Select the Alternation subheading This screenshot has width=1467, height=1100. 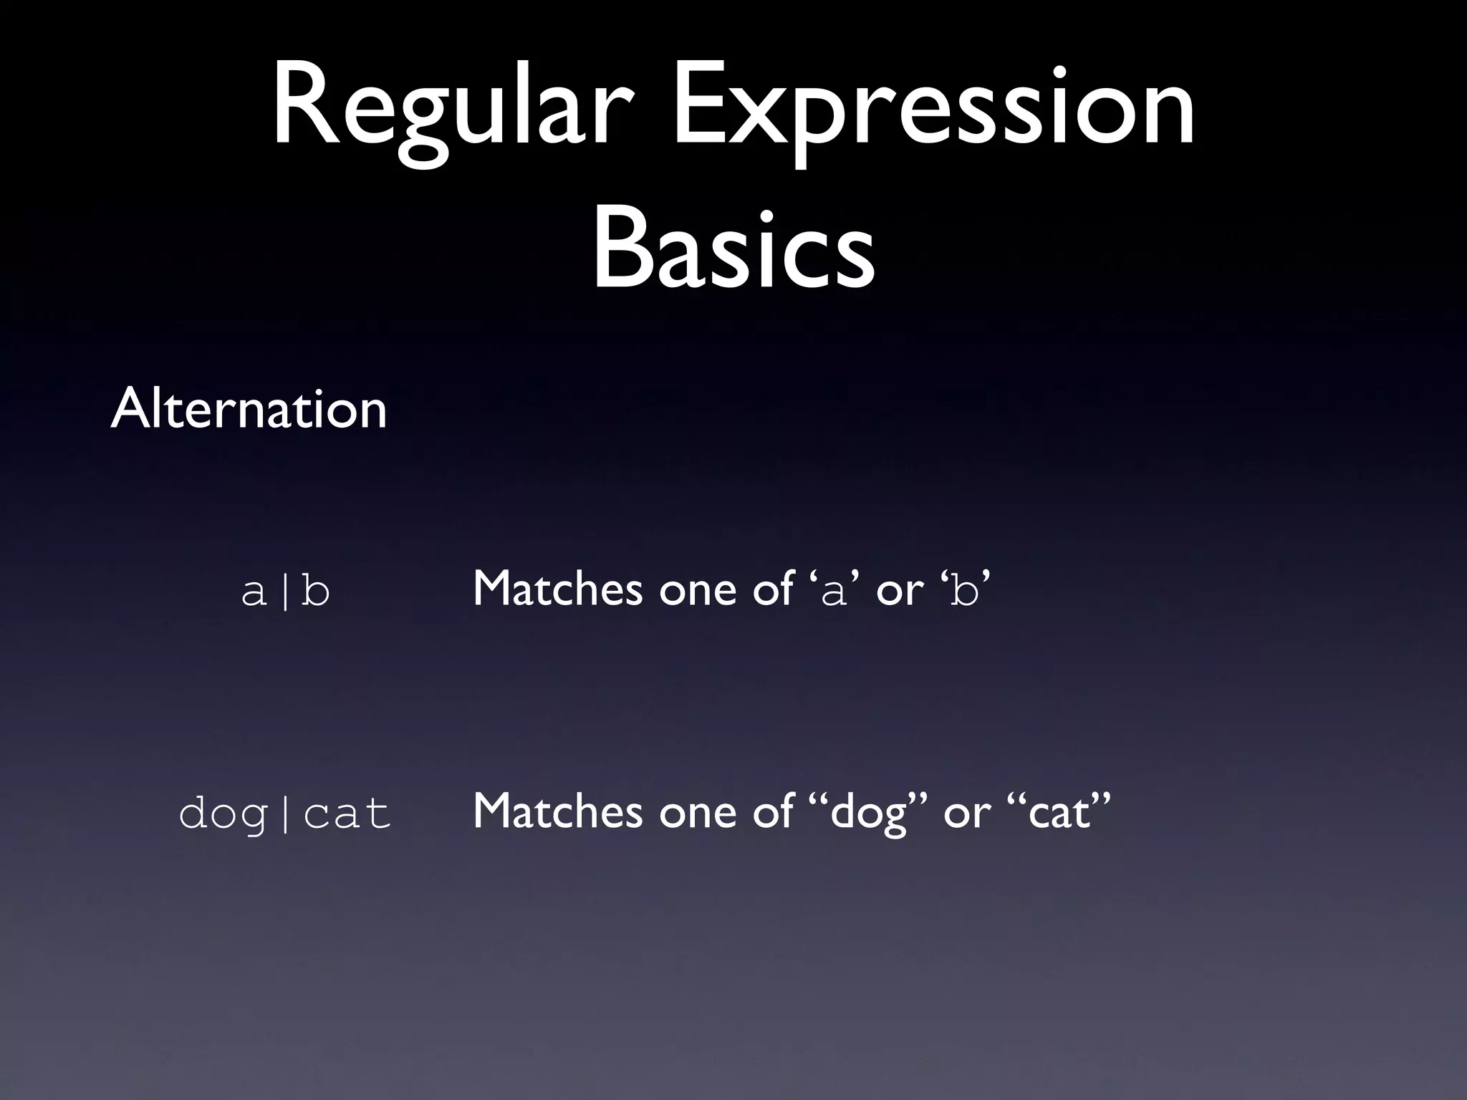point(249,409)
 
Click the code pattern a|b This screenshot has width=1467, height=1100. point(286,592)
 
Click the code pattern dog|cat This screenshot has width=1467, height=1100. point(285,814)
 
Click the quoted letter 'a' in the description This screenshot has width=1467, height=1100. point(833,592)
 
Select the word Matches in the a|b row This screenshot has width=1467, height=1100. point(557,589)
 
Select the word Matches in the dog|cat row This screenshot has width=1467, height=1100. point(557,811)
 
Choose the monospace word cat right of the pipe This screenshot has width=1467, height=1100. point(347,814)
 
